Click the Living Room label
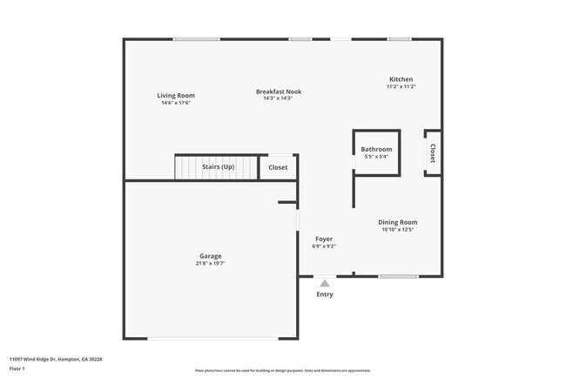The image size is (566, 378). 175,95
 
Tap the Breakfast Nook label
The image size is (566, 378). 279,91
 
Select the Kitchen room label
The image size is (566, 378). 401,79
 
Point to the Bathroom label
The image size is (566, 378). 376,149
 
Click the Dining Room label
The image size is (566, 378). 397,222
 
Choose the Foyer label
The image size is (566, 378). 324,239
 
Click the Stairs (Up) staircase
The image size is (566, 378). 218,166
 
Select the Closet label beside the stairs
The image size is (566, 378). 278,167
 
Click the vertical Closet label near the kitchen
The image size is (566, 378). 432,153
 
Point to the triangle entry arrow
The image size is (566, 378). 324,283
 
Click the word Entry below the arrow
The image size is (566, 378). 324,294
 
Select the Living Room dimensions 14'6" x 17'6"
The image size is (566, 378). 175,103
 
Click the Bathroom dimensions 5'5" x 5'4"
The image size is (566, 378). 376,157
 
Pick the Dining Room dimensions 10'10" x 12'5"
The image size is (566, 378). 397,230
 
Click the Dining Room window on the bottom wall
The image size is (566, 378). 398,277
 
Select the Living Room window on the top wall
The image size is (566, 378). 196,38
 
